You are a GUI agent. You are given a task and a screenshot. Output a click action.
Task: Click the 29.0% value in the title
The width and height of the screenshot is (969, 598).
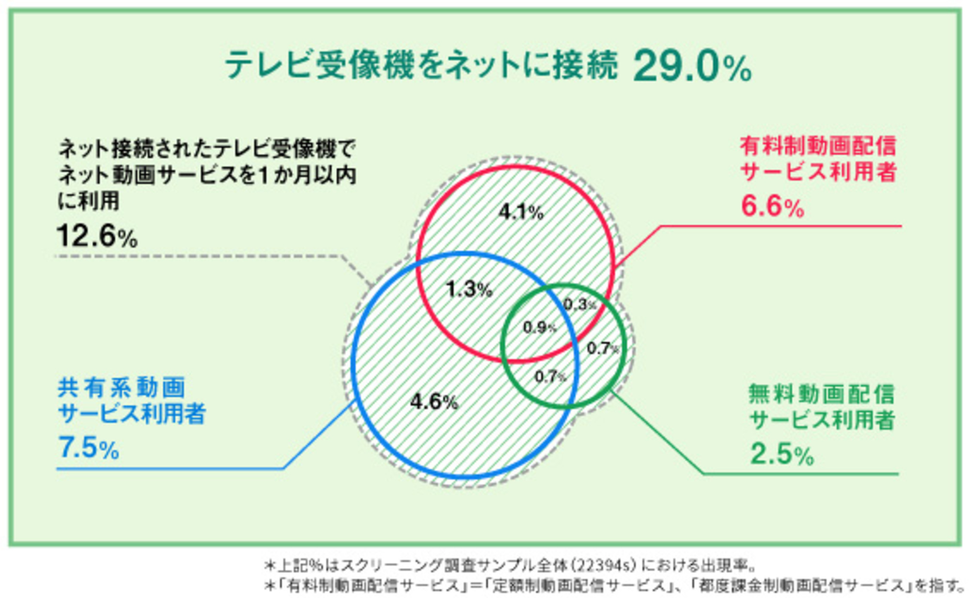click(692, 67)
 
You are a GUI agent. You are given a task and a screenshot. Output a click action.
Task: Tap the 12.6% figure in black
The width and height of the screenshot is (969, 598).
click(97, 236)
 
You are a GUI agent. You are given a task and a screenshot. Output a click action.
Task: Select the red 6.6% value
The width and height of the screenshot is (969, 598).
click(772, 206)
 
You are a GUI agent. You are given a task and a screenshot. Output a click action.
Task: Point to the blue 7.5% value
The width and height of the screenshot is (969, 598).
click(89, 447)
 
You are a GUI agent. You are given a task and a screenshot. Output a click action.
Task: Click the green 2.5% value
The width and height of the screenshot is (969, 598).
click(781, 455)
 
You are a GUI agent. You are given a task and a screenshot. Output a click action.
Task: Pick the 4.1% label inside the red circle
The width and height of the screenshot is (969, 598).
click(521, 212)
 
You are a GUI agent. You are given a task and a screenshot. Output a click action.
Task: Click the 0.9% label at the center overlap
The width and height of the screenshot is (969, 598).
click(539, 328)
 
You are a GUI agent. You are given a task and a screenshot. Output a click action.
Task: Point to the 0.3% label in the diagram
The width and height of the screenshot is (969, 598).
click(579, 304)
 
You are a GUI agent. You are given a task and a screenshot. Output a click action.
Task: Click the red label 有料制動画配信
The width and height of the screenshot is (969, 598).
click(818, 146)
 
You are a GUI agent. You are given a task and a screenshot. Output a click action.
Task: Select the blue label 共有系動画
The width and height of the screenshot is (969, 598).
click(121, 387)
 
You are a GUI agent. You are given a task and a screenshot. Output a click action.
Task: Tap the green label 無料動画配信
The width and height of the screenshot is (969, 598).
click(821, 393)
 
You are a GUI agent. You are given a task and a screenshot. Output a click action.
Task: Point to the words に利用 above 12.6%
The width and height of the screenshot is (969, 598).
click(89, 201)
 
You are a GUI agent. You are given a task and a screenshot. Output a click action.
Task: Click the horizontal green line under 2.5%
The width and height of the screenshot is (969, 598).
click(799, 474)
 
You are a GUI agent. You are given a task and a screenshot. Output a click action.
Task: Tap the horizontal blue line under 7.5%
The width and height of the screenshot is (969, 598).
click(170, 469)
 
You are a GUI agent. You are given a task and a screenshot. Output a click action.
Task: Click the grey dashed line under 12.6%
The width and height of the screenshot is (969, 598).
click(194, 256)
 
